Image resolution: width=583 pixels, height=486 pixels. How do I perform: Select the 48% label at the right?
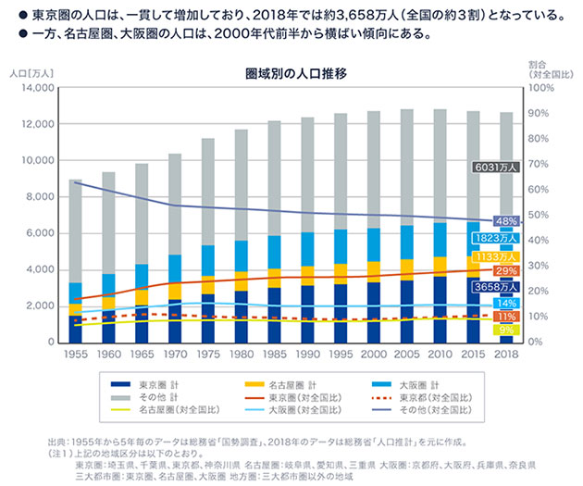tap(506, 222)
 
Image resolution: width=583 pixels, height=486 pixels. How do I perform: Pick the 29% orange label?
tap(506, 270)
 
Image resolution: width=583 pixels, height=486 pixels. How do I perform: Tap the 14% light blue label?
tap(506, 303)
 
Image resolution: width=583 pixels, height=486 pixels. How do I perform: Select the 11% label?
tap(506, 316)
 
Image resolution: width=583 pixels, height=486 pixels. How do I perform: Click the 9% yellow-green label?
tap(506, 330)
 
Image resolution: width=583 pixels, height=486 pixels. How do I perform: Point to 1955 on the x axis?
tap(76, 354)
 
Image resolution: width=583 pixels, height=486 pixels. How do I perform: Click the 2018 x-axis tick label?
tap(505, 354)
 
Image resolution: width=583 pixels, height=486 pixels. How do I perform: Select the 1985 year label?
tap(275, 354)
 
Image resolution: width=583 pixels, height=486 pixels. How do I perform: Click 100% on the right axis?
tap(542, 88)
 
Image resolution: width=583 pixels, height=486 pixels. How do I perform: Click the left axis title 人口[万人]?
tap(26, 69)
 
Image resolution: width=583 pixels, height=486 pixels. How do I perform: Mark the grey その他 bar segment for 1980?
tap(242, 185)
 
